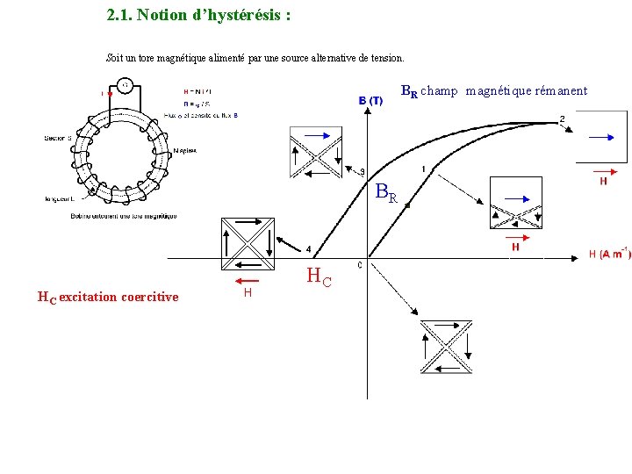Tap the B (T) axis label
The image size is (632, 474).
pos(370,101)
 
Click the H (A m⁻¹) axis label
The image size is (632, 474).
pos(609,254)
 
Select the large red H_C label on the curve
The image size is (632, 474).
pos(320,277)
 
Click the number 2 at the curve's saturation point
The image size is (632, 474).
pos(562,119)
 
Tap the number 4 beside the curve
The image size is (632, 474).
pos(308,249)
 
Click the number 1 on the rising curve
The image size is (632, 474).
pos(424,169)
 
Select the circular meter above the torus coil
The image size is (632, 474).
pos(126,85)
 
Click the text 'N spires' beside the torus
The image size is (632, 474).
pos(185,150)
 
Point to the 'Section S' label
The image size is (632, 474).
pos(59,138)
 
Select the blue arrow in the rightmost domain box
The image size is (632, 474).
pos(601,137)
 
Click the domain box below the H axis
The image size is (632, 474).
pos(446,346)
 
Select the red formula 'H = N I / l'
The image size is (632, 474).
pos(197,90)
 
